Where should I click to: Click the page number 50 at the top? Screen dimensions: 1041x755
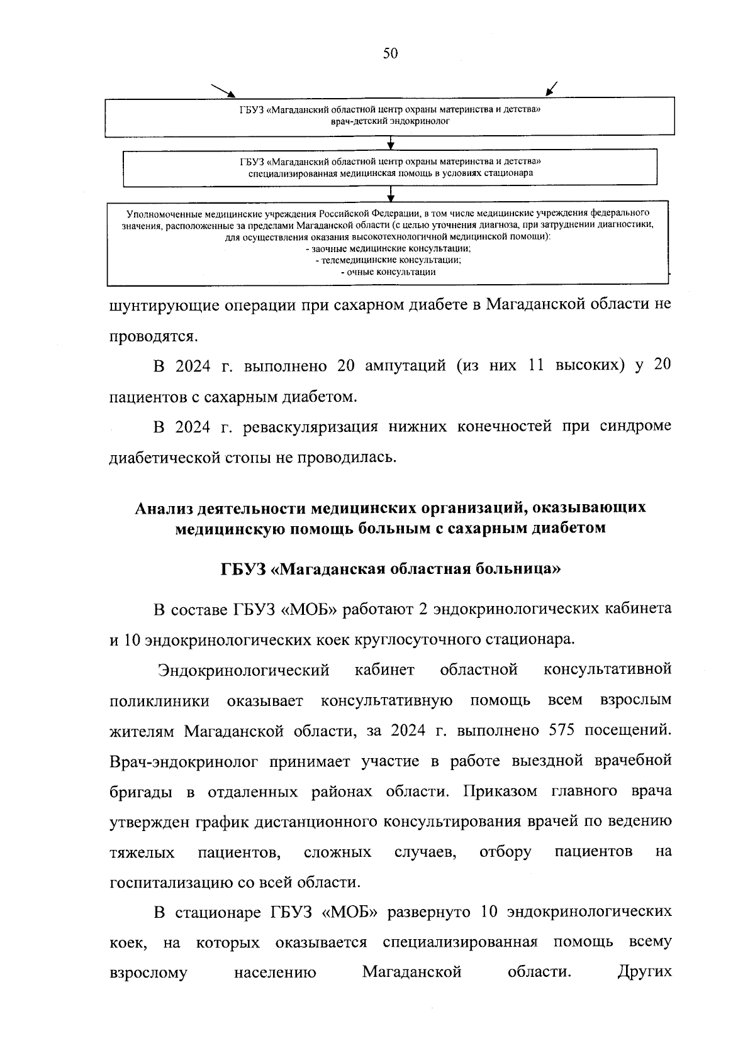point(390,54)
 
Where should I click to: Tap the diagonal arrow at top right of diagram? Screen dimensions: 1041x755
point(553,89)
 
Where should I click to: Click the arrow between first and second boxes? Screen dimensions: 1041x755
point(391,143)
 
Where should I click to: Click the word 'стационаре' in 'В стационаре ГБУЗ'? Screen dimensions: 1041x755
point(218,912)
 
